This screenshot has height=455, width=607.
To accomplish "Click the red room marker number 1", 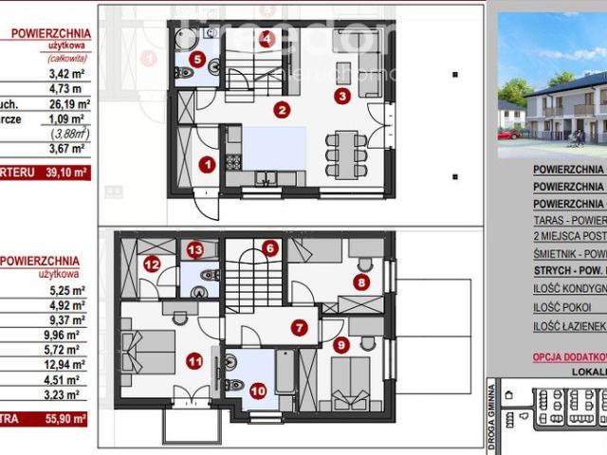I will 207,164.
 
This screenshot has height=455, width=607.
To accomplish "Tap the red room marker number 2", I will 281,109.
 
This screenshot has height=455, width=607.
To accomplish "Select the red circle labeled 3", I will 342,94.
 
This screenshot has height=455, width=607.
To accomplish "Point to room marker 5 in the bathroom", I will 196,59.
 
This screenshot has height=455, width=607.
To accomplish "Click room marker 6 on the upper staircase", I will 271,249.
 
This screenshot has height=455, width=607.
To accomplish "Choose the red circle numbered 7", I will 300,329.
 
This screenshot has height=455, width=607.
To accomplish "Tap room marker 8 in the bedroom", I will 360,282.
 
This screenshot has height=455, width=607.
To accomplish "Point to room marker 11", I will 195,360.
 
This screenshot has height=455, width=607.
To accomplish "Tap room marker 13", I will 194,250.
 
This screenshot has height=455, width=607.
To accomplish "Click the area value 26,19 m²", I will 71,104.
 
